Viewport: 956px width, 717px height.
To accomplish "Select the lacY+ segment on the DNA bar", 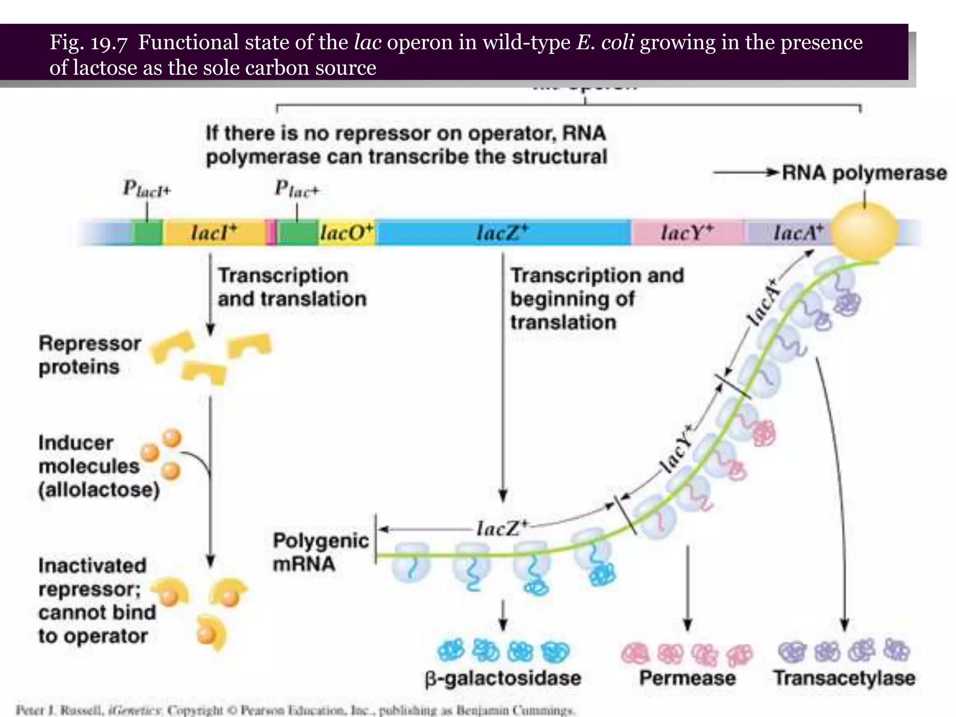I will click(x=687, y=232).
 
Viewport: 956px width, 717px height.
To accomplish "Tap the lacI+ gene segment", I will click(x=214, y=232).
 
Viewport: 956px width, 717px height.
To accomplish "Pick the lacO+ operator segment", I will click(x=347, y=232).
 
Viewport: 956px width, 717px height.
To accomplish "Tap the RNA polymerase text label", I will click(x=864, y=173).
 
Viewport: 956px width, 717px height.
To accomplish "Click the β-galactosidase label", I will click(x=503, y=678).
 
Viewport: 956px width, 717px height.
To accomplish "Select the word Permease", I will click(x=687, y=678).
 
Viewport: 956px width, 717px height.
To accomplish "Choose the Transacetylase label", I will click(x=844, y=678).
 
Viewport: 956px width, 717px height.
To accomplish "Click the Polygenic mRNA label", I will click(x=320, y=552).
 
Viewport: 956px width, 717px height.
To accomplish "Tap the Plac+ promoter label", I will click(x=296, y=189).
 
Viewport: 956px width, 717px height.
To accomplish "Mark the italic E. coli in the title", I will click(x=605, y=42).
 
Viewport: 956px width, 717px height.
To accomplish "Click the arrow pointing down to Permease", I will click(x=687, y=588).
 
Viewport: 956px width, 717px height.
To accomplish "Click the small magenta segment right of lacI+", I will click(x=271, y=232).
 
